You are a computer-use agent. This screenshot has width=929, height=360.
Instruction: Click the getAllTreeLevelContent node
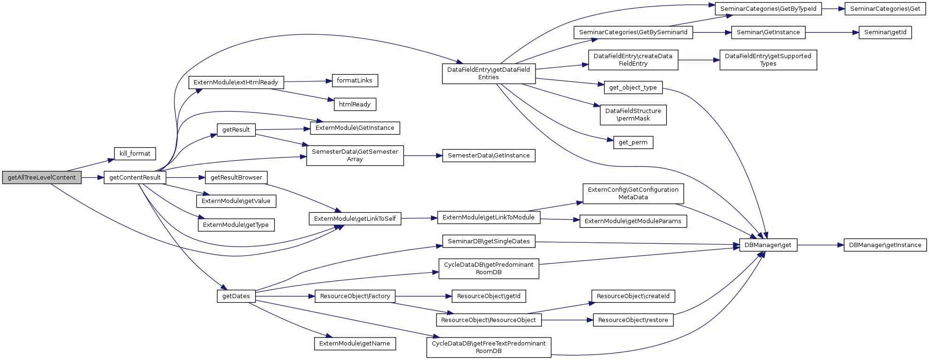coord(42,178)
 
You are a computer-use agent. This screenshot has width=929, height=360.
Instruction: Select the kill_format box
coord(135,154)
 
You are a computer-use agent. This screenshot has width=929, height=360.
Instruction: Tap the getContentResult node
coord(135,178)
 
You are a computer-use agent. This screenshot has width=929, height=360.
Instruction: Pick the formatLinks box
coord(355,81)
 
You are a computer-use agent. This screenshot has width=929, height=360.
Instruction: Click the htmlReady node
coord(355,105)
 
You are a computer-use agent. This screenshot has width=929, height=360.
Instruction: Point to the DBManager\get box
coord(768,245)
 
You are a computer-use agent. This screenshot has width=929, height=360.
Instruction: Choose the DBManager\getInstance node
coord(885,245)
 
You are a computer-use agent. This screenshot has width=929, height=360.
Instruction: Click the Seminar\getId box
coord(885,32)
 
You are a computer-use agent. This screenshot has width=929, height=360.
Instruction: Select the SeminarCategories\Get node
coord(885,9)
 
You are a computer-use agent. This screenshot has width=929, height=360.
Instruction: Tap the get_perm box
coord(633,142)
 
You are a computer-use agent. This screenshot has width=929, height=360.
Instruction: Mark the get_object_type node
coord(633,88)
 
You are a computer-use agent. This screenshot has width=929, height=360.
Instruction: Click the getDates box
coord(236,296)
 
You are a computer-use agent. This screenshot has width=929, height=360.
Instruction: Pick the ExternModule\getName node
coord(355,344)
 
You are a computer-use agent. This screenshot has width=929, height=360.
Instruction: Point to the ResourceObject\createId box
coord(633,296)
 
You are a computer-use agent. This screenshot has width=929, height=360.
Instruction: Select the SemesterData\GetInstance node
coord(489,156)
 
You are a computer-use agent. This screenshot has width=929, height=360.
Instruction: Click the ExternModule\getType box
coord(236,225)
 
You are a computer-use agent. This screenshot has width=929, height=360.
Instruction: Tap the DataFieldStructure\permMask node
coord(633,115)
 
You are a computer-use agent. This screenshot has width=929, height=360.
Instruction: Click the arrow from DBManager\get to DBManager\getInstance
coord(820,245)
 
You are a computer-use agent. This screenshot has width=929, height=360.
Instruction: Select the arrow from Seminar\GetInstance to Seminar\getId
coord(832,32)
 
